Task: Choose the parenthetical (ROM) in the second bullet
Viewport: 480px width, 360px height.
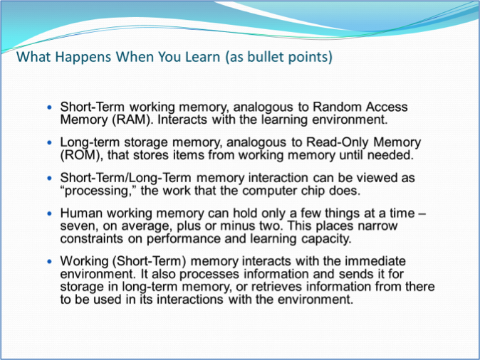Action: tap(78, 154)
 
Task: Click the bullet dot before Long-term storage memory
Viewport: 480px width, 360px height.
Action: tap(50, 142)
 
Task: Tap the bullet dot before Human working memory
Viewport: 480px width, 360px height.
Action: tap(50, 213)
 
